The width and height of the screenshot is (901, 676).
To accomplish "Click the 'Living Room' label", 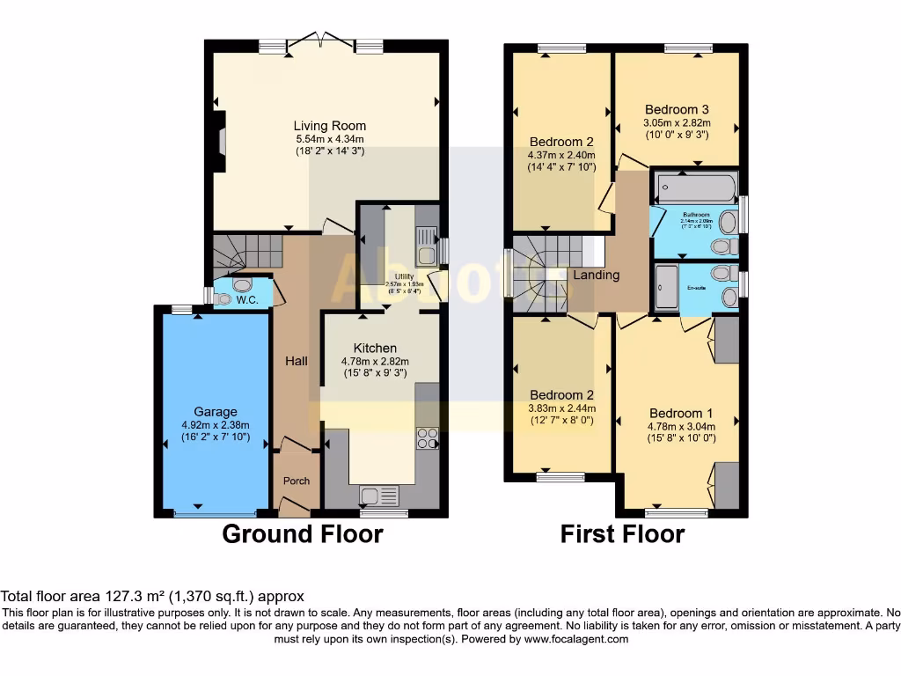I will tap(330, 126).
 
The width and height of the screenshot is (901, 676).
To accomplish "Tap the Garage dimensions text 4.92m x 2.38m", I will tap(216, 424).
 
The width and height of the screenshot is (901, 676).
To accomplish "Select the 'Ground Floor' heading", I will tap(302, 533).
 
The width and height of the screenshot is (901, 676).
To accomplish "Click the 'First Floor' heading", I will tap(622, 533).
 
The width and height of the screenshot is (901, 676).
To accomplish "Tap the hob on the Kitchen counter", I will tap(427, 437).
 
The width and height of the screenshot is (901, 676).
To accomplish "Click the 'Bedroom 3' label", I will tap(677, 110).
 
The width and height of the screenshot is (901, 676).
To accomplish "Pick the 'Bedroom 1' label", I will tap(681, 413).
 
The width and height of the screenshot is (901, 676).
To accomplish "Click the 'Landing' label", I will tap(597, 275).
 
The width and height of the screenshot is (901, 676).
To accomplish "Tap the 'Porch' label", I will tap(296, 481).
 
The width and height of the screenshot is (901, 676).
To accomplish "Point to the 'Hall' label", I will tap(295, 361).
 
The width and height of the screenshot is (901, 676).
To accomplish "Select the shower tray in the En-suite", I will tap(666, 288).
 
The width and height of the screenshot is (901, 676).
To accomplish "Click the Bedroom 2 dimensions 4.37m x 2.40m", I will tap(561, 155).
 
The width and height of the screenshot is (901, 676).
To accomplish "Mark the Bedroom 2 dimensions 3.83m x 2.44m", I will tap(561, 408).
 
